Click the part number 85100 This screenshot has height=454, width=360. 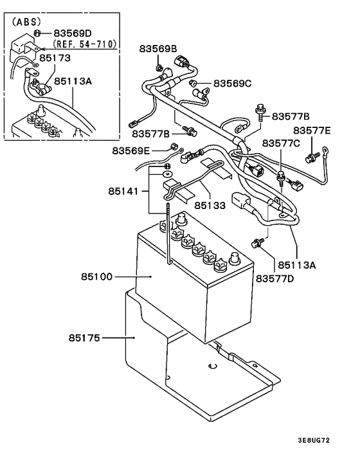point(96,277)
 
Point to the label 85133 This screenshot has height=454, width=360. point(210,207)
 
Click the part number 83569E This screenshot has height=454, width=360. point(131,150)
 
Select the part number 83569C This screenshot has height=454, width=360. point(233,84)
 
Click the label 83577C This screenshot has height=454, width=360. point(281,143)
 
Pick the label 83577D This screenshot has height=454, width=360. point(275,278)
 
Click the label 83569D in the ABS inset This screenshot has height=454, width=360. point(73,32)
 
